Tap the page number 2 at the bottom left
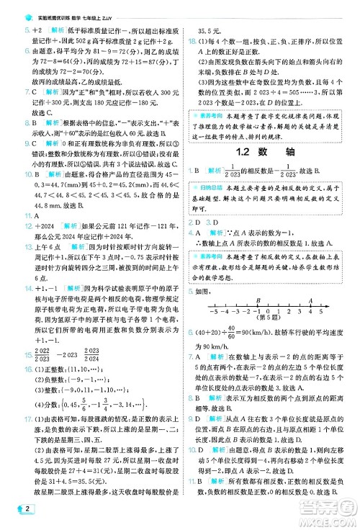(15, 513)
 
